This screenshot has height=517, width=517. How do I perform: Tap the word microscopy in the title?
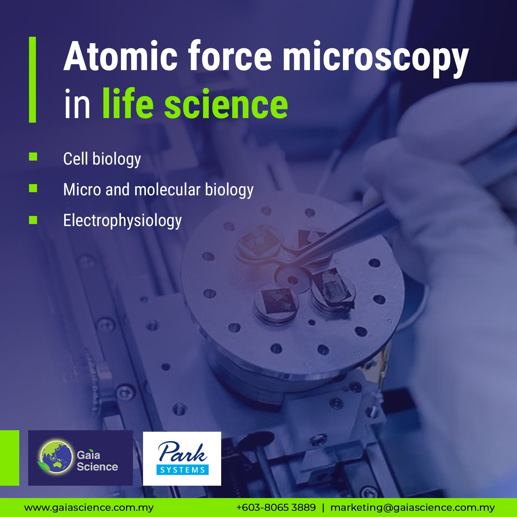(376, 59)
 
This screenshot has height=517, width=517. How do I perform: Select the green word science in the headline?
(226, 104)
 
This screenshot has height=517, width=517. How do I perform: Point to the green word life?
(128, 103)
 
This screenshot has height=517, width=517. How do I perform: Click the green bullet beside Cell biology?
(33, 157)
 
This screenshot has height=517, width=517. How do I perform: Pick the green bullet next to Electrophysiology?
(33, 220)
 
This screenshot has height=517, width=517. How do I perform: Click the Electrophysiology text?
(122, 221)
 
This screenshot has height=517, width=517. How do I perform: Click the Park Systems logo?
(182, 458)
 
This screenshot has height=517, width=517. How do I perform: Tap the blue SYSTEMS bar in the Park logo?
(182, 470)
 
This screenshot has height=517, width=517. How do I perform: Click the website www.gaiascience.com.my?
(89, 508)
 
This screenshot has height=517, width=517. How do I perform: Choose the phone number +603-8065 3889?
(276, 507)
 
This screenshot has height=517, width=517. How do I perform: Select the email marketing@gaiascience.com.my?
(412, 508)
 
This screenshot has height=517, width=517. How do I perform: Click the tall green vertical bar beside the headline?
(32, 80)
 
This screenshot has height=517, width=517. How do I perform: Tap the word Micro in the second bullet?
(82, 190)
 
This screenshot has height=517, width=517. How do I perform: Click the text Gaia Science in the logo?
(97, 461)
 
